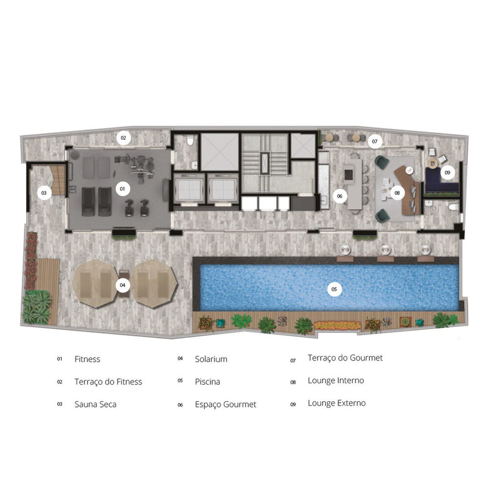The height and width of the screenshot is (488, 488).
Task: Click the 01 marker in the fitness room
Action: [x=122, y=187]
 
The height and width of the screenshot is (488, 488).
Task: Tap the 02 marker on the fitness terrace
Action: [x=123, y=138]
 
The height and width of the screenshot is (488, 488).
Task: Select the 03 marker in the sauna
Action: [x=44, y=193]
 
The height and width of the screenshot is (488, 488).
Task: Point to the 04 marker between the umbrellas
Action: [x=122, y=285]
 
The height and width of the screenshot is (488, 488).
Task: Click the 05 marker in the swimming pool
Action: [x=334, y=289]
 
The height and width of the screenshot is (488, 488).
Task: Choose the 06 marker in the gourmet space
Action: [x=340, y=196]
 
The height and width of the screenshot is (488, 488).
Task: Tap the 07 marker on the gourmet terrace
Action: [x=374, y=142]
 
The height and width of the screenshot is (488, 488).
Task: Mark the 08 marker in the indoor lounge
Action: [x=397, y=193]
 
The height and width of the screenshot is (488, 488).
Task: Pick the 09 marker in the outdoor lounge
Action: [x=447, y=172]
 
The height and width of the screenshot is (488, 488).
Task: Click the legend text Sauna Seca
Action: [x=95, y=405]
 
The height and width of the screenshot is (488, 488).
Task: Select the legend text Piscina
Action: [x=207, y=382]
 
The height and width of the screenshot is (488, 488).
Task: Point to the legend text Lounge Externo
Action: [x=336, y=403]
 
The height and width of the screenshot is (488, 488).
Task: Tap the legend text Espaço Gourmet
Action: [x=225, y=405]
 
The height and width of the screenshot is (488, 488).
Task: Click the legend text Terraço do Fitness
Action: [x=108, y=382]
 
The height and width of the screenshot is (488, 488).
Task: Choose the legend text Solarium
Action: [x=211, y=359]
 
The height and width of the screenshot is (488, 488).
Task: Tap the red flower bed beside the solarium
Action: [x=32, y=261]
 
